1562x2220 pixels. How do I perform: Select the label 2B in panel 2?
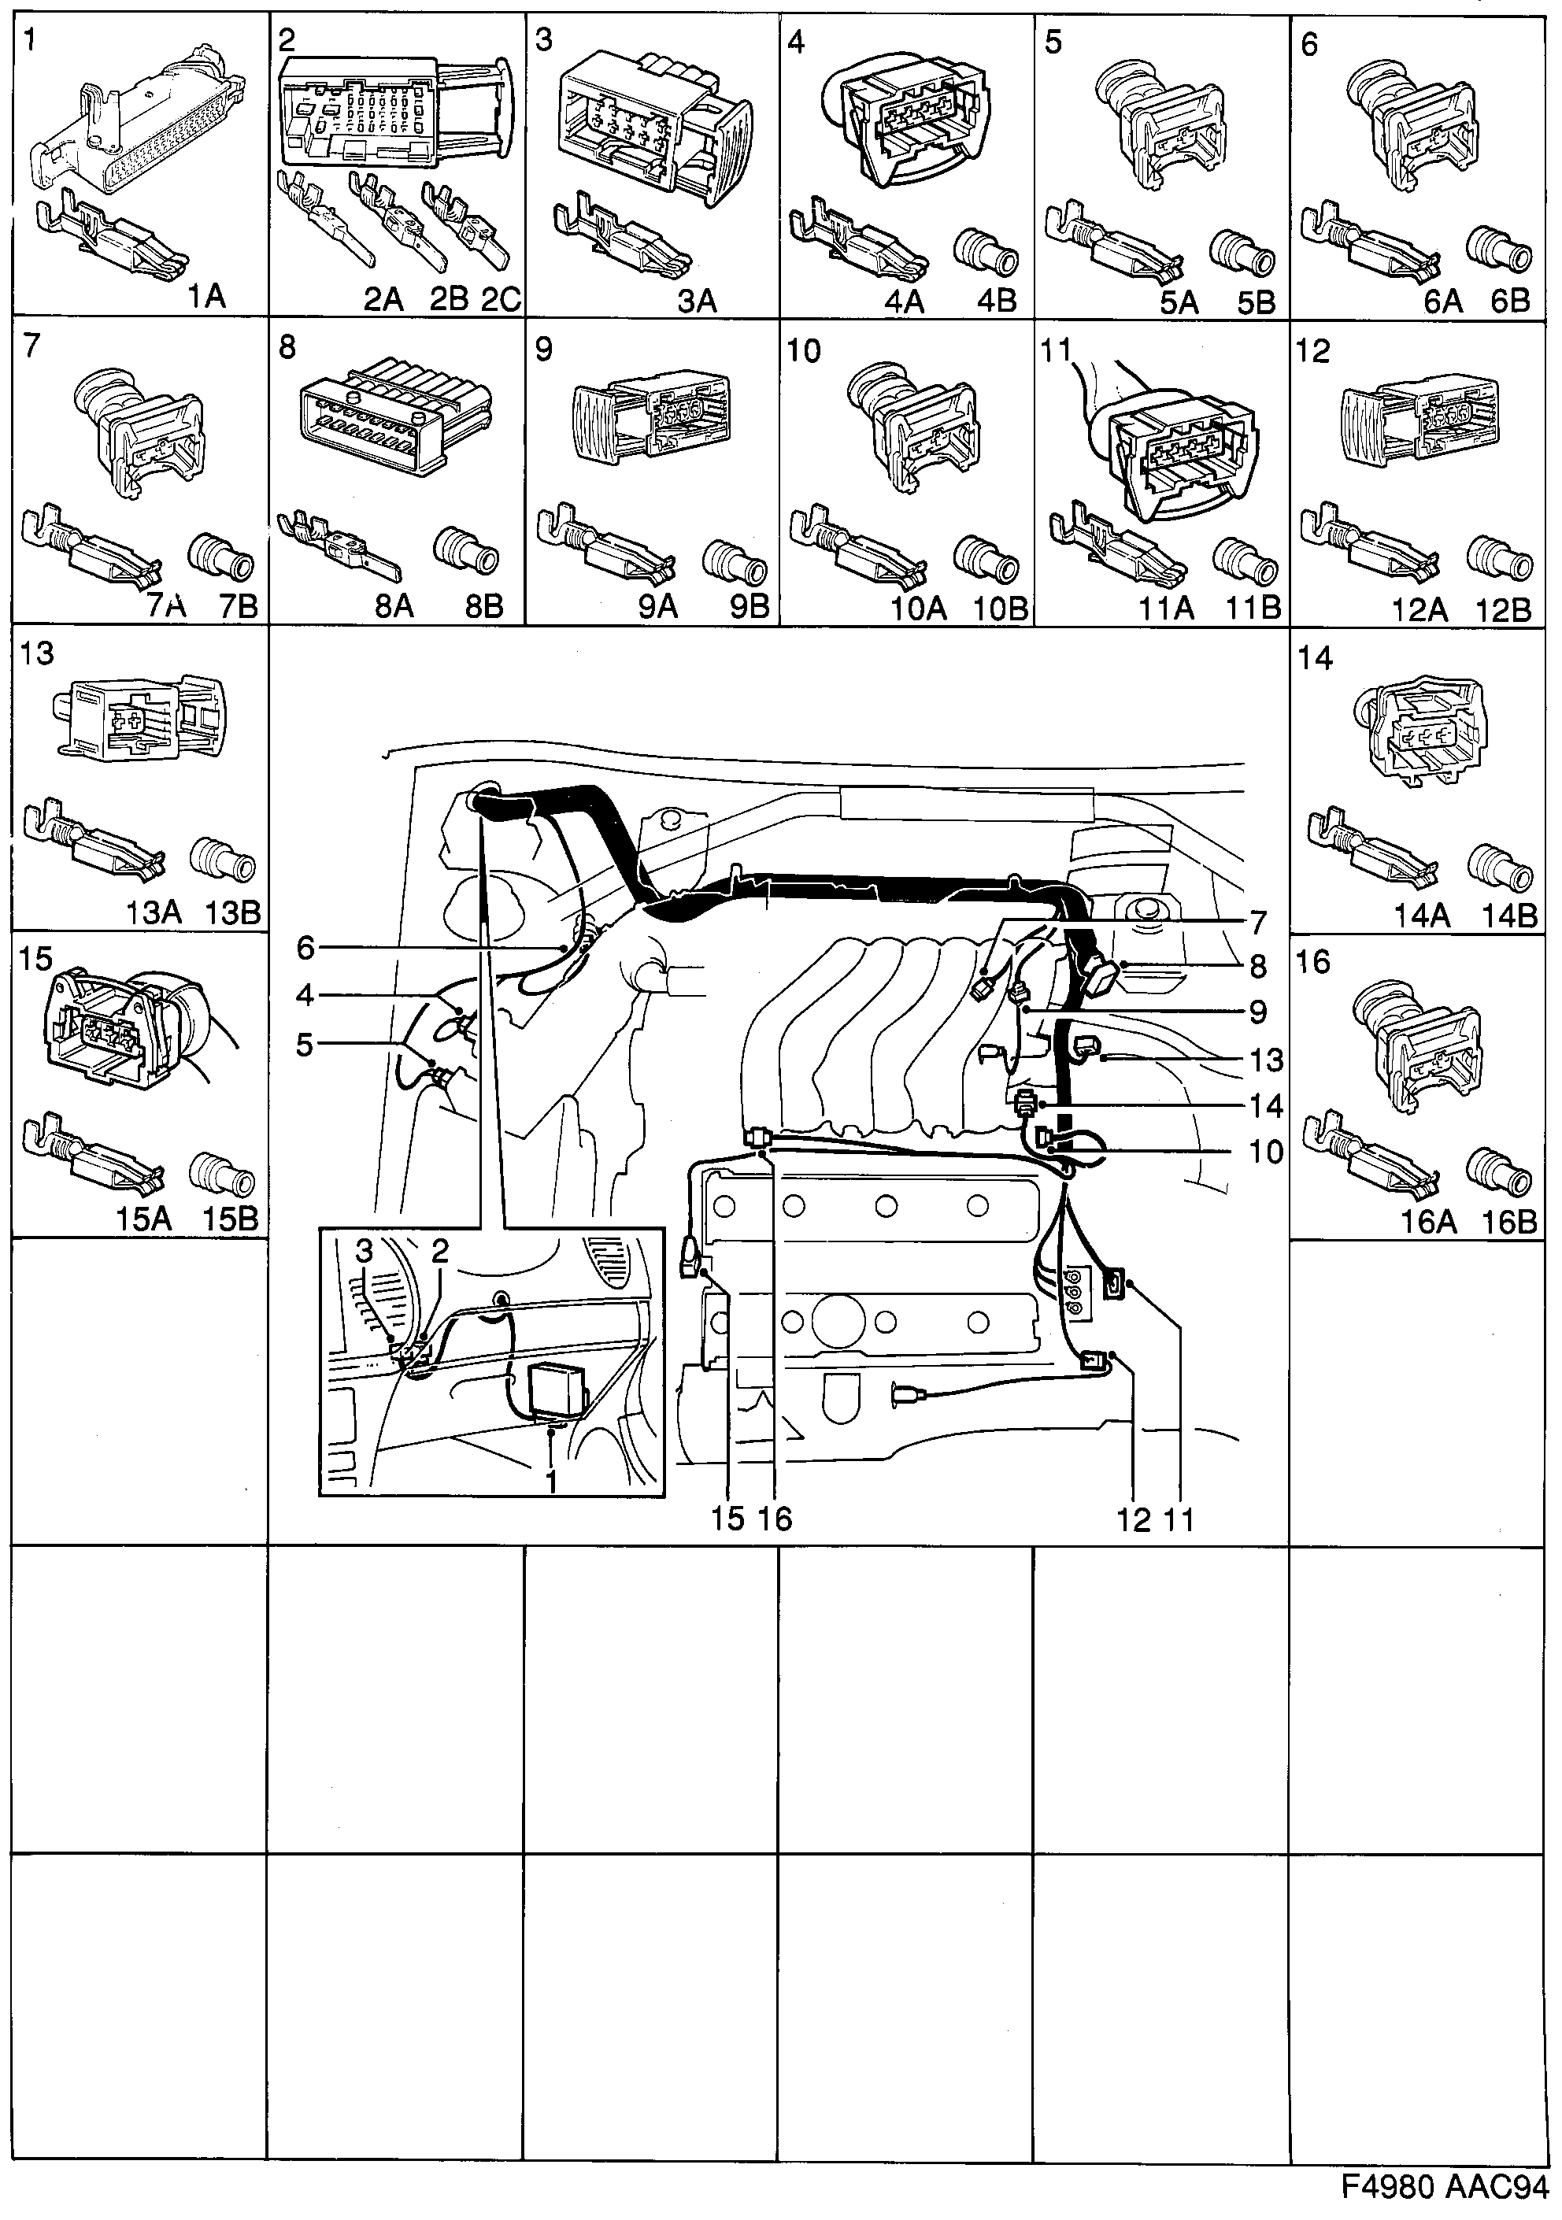pos(449,299)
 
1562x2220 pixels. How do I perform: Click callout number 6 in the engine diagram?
pos(305,948)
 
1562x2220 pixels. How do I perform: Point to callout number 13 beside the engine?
pos(1265,1060)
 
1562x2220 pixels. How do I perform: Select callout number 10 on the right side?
pos(1265,1152)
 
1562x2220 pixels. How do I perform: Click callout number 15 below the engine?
pos(727,1518)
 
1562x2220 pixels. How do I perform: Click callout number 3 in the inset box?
pos(364,1251)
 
